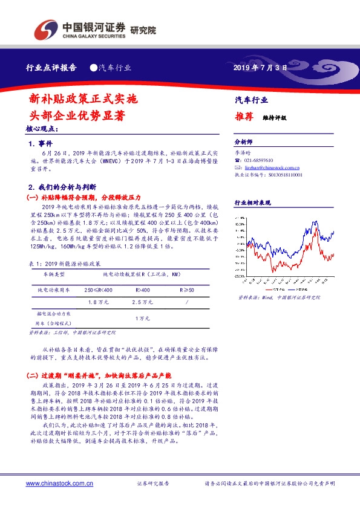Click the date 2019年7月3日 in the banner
click(260, 68)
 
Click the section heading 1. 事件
click(41, 144)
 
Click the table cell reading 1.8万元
click(98, 301)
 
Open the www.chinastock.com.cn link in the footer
click(59, 484)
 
